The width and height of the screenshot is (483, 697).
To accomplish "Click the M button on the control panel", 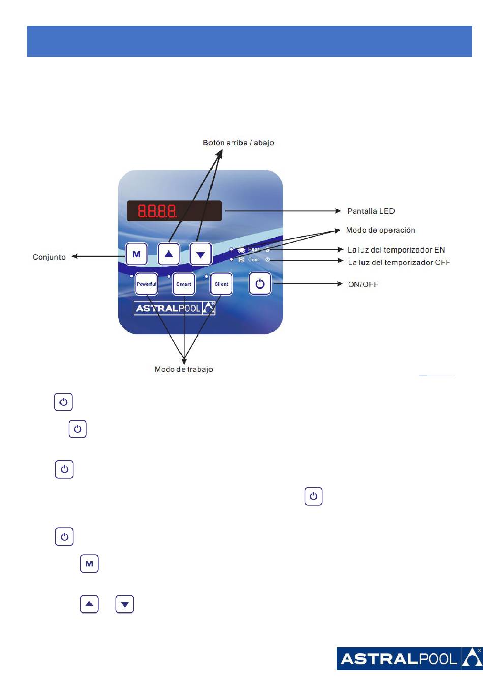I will [136, 254].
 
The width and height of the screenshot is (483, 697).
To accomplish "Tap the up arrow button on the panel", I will [169, 254].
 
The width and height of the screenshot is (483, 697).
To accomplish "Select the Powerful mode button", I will [146, 284].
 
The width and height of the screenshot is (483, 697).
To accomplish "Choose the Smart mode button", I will [184, 284].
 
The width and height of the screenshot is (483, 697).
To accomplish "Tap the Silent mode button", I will [221, 284].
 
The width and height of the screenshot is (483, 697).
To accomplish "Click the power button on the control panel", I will [260, 284].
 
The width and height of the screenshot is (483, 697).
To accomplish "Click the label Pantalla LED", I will [371, 211].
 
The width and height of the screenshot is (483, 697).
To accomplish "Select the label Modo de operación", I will [380, 230].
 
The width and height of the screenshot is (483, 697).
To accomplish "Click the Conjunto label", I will [49, 257].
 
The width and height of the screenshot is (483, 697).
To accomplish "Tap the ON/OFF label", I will [363, 284].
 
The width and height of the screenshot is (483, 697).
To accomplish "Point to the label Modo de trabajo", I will [184, 369].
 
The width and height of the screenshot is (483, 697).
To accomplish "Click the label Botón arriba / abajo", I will [238, 143].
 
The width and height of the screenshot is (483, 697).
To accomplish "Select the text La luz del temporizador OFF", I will [399, 262].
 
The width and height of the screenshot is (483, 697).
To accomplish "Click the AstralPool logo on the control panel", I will [174, 308].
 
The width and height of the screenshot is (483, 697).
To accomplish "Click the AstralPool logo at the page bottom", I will [409, 659].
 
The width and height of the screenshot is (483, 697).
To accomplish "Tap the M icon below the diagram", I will [89, 564].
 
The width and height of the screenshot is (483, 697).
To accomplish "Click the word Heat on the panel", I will [253, 249].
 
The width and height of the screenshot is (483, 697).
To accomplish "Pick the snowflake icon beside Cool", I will [241, 260].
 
